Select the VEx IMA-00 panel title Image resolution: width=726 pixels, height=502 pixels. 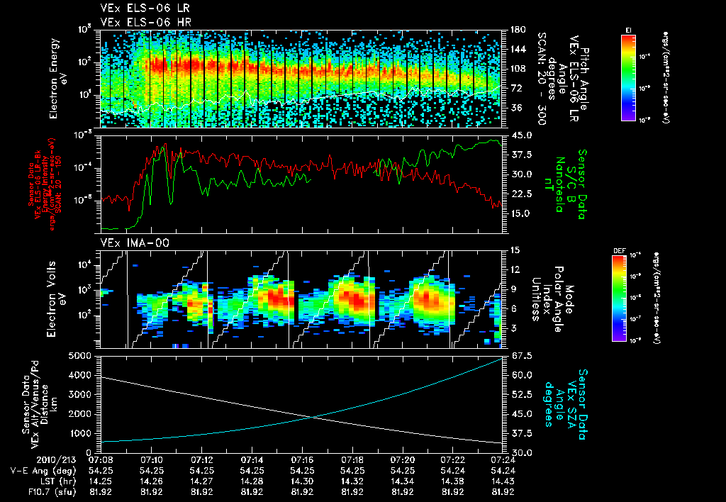point(129,243)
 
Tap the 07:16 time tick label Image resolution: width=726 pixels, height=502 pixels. point(302,459)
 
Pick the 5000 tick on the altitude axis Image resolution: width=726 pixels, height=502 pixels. point(83,355)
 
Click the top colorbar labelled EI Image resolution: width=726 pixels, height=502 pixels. point(628,75)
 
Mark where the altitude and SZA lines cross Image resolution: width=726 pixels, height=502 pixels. point(312,417)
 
